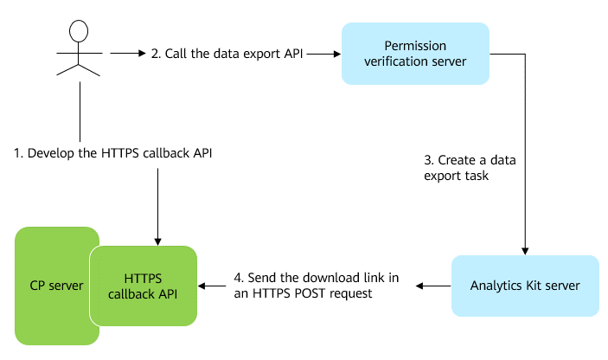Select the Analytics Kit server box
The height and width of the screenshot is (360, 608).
(524, 285)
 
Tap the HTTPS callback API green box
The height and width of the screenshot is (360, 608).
(144, 285)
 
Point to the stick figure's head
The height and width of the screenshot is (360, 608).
(79, 31)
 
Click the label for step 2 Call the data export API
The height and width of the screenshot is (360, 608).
(227, 54)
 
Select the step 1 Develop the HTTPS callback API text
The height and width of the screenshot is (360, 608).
(112, 153)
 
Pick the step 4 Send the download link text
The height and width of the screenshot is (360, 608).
(316, 286)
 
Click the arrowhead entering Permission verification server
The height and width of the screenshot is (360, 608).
(336, 54)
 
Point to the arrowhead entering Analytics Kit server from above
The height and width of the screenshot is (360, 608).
(525, 250)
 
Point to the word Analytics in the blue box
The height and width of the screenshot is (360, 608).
(496, 285)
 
